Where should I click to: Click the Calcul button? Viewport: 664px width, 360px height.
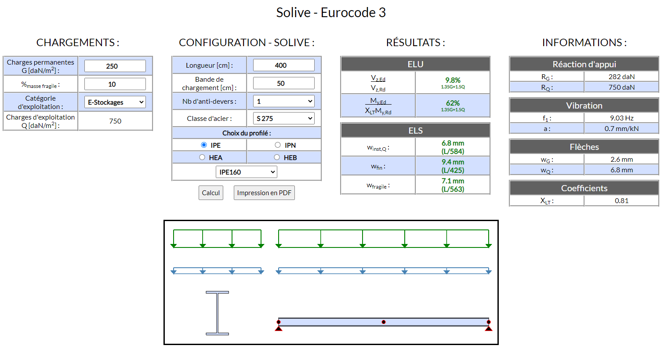210,193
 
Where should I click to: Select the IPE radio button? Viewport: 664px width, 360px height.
204,145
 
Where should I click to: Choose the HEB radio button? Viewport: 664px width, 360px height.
277,157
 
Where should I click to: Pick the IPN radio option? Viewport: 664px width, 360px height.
278,145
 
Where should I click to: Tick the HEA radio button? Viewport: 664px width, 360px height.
202,157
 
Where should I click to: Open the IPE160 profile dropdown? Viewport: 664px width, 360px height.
247,172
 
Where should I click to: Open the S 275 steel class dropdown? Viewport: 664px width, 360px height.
284,118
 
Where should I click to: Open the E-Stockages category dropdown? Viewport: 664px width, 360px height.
115,102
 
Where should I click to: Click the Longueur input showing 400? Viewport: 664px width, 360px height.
284,65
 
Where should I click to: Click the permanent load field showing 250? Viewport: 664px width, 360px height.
115,66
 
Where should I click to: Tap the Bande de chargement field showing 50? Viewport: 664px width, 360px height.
284,84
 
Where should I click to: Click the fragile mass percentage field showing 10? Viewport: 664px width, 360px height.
115,84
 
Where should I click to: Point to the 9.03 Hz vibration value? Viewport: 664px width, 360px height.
621,118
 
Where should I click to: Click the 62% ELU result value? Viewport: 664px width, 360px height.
453,103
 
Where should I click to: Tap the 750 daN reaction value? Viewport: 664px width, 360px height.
621,87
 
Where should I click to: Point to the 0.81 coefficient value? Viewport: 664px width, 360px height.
621,201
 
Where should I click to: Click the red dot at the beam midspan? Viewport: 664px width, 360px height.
384,322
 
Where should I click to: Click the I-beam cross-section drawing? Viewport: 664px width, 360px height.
218,313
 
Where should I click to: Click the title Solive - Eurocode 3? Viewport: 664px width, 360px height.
331,13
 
